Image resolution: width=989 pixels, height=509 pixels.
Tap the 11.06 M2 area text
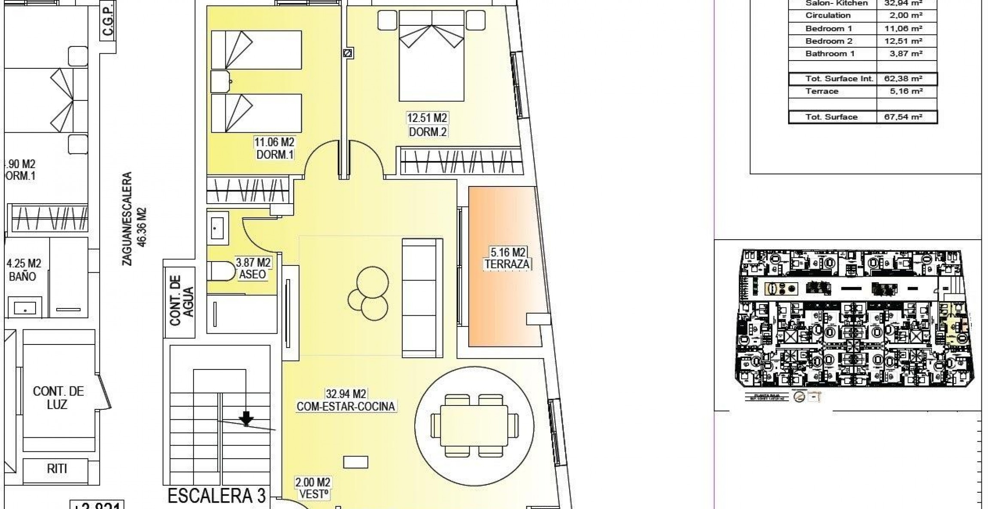[x=275, y=142]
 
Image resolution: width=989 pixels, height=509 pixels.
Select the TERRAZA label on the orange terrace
[x=507, y=264]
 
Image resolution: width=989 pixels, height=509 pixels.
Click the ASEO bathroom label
[x=252, y=274]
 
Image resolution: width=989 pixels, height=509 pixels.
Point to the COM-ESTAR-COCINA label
[x=346, y=406]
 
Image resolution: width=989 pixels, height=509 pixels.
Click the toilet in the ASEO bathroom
[x=223, y=271]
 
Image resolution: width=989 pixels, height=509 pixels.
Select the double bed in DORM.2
[x=431, y=56]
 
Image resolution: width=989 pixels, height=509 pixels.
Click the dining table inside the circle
[x=474, y=425]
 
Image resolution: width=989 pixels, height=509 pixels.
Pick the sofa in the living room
[x=422, y=298]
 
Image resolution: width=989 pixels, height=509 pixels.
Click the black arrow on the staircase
[x=246, y=418]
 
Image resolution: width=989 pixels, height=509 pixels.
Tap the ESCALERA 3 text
[x=217, y=495]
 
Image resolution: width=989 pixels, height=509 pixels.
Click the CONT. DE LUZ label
[x=58, y=398]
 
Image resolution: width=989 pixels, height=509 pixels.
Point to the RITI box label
[x=57, y=469]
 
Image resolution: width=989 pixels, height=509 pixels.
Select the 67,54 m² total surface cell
[x=906, y=117]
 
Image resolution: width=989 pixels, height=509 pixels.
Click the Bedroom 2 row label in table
[x=828, y=41]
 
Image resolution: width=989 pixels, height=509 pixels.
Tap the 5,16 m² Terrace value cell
[x=906, y=91]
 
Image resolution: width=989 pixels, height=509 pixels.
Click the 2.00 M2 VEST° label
[x=313, y=488]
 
